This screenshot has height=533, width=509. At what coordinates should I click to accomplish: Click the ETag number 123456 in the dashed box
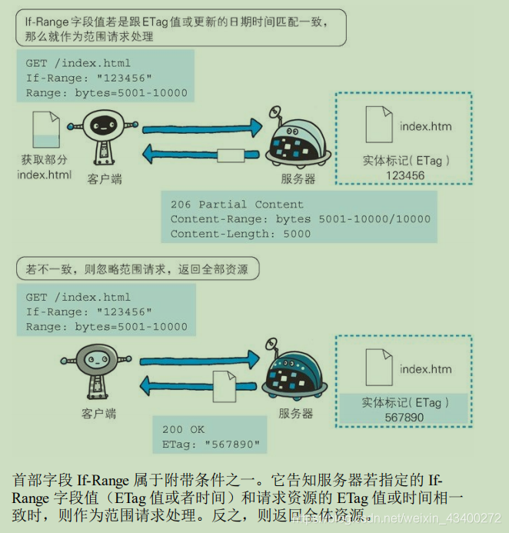[x=405, y=175]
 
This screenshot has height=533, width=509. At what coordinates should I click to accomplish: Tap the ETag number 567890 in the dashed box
[x=404, y=417]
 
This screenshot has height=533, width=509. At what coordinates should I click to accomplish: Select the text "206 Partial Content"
[x=237, y=205]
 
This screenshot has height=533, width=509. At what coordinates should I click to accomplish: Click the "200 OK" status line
[x=183, y=430]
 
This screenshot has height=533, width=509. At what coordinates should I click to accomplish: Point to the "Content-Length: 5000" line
[x=240, y=234]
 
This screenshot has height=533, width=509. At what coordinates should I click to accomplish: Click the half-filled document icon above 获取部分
[x=46, y=129]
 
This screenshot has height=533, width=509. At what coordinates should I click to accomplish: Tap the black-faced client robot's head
[x=103, y=125]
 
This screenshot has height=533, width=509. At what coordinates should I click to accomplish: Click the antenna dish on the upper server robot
[x=275, y=112]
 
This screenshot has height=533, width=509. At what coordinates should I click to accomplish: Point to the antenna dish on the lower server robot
[x=271, y=344]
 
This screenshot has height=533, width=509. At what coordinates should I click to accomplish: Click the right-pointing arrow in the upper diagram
[x=202, y=128]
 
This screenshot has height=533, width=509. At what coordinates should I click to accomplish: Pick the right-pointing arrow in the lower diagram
[x=200, y=360]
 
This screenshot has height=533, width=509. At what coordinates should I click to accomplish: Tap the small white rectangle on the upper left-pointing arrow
[x=231, y=155]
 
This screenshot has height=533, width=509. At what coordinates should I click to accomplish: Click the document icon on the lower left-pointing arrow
[x=225, y=387]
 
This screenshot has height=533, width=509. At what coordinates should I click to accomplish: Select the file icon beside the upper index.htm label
[x=379, y=125]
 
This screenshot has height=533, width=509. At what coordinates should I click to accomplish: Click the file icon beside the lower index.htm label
[x=379, y=368]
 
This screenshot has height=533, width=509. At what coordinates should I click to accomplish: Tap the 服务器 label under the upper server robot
[x=298, y=178]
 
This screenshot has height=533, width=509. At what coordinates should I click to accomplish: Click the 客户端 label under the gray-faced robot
[x=98, y=414]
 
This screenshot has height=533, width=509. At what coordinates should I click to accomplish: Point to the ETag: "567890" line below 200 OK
[x=211, y=445]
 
